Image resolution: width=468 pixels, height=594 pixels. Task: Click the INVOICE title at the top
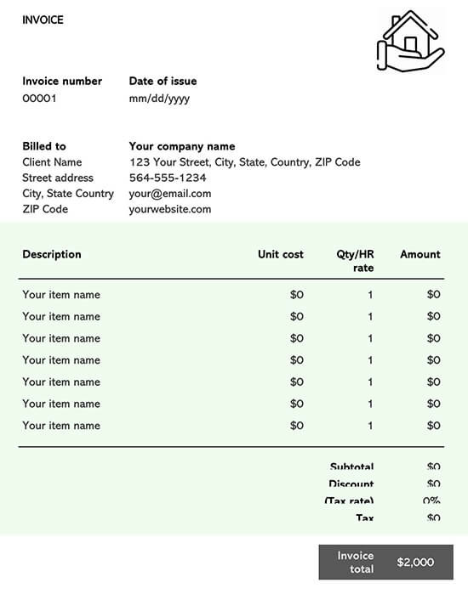[43, 20]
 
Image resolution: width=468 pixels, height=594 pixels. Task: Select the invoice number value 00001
[39, 99]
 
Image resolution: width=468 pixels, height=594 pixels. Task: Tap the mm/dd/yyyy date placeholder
[159, 99]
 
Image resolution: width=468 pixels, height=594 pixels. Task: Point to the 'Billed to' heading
[44, 146]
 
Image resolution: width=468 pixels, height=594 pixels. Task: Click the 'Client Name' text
[52, 162]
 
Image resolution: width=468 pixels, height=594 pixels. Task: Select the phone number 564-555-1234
[168, 178]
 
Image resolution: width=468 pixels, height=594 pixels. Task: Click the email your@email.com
[170, 194]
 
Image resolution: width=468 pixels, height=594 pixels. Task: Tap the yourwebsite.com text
[170, 209]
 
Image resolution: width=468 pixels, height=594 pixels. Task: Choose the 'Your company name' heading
[182, 146]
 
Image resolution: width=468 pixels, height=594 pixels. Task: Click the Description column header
[52, 254]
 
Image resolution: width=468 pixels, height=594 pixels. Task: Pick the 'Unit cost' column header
[281, 254]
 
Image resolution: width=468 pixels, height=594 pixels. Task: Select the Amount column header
[420, 254]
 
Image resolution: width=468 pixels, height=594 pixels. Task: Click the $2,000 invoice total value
[415, 562]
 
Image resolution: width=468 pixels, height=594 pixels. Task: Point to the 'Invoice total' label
[356, 562]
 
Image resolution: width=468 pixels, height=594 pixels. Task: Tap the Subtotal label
[351, 467]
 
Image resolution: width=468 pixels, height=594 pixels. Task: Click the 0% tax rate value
[431, 501]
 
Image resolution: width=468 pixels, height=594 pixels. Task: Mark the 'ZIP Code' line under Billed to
[45, 209]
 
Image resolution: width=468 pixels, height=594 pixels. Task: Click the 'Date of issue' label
[163, 82]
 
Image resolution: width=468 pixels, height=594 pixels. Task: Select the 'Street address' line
[58, 178]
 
